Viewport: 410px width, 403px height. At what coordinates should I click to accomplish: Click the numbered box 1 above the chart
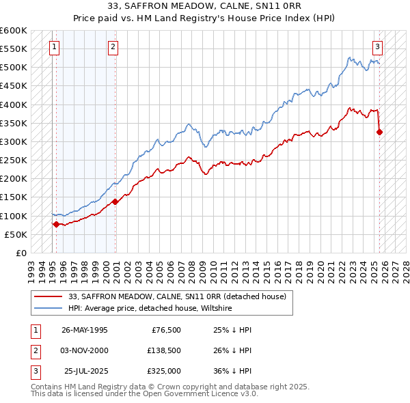click(x=54, y=47)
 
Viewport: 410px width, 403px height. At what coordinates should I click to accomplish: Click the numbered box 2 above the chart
click(x=113, y=47)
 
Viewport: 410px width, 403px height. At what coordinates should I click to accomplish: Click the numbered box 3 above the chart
click(x=377, y=47)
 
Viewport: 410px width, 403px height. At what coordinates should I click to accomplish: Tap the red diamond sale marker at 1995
click(x=56, y=224)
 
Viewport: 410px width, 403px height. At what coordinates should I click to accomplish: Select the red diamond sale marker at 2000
click(x=115, y=201)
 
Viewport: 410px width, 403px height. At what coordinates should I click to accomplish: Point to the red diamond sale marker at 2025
click(x=380, y=133)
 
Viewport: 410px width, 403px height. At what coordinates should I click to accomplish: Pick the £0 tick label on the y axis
click(x=20, y=253)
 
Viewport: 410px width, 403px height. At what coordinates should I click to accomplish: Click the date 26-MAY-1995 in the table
click(x=84, y=330)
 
